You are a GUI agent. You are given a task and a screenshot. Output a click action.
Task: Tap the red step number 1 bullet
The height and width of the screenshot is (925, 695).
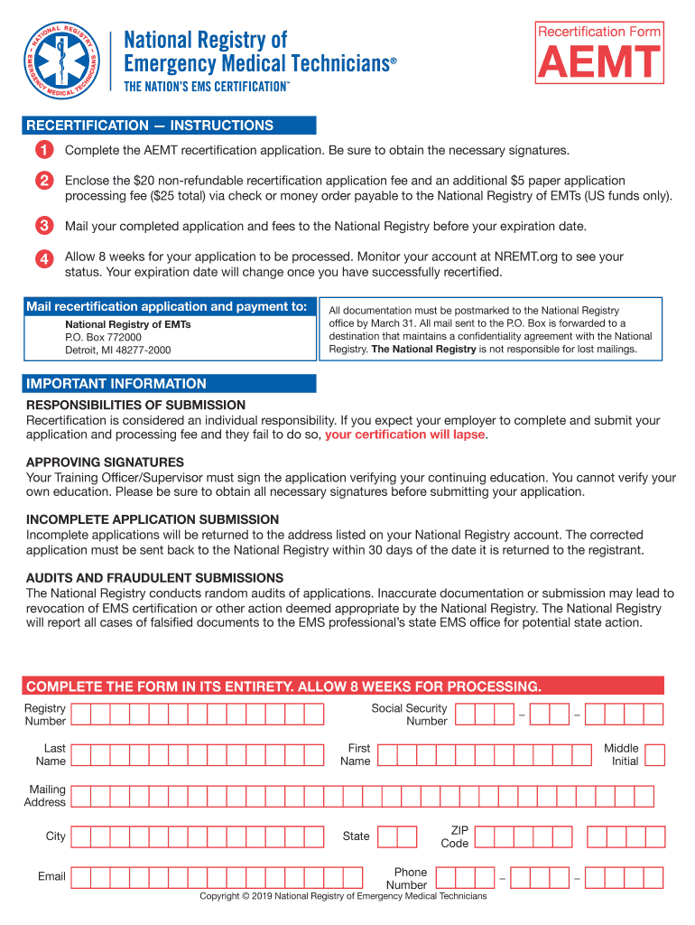(x=43, y=149)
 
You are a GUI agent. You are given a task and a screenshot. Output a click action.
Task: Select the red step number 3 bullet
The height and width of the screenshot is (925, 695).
(x=43, y=226)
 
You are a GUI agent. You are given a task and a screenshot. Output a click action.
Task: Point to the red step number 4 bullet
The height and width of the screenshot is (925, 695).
(x=43, y=258)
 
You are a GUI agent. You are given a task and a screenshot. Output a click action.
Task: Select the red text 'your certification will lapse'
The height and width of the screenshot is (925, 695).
(x=405, y=434)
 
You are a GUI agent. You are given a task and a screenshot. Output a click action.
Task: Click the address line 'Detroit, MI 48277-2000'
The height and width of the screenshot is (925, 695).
(x=117, y=350)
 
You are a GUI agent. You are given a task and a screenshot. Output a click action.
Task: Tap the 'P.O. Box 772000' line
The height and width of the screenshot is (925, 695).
(x=103, y=337)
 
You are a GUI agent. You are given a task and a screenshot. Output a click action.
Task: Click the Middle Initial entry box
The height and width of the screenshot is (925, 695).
(x=654, y=755)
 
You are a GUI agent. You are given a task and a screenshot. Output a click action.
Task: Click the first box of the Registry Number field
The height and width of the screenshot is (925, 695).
(x=80, y=715)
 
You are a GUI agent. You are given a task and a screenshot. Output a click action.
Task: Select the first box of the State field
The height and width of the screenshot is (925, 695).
(x=386, y=836)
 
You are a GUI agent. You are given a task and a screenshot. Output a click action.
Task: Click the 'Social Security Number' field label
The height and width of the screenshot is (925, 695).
(x=409, y=715)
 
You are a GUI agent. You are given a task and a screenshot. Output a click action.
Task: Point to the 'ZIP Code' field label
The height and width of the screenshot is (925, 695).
(x=455, y=836)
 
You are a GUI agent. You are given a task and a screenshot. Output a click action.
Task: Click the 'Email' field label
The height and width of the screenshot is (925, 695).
(x=51, y=876)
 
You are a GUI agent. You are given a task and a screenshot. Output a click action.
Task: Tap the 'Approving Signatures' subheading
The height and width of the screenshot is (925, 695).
(x=92, y=462)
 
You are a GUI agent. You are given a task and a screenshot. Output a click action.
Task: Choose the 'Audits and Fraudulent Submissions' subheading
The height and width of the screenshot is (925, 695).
(x=154, y=578)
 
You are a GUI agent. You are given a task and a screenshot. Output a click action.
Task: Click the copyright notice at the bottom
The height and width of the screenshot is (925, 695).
(x=343, y=896)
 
